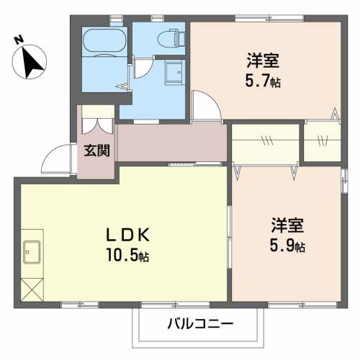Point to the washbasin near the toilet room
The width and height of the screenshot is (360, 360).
tap(174, 74)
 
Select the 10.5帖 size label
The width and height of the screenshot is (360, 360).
tap(130, 254)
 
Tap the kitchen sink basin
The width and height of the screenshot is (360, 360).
tap(32, 252)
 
